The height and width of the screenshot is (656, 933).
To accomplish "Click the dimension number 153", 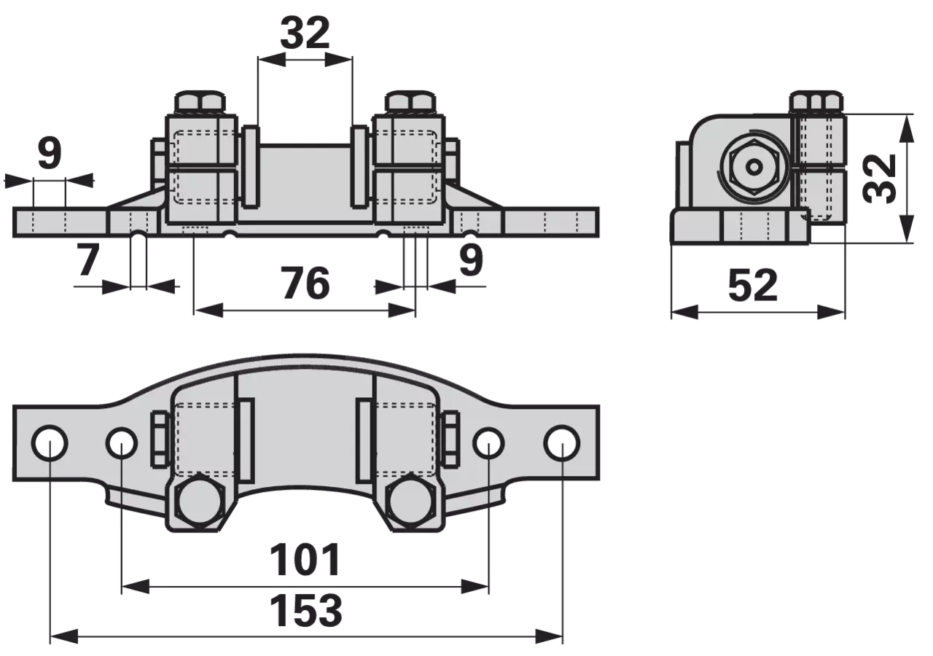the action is [x=306, y=611].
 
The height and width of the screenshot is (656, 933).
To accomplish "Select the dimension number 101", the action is [x=305, y=559].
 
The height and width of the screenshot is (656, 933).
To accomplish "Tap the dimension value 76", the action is [x=305, y=284].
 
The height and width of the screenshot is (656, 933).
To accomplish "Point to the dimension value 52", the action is [x=753, y=286].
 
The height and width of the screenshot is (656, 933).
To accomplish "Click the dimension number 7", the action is [x=88, y=260].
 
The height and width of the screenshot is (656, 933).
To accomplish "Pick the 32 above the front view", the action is [x=305, y=34].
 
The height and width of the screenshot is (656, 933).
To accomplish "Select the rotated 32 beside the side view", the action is [x=879, y=179].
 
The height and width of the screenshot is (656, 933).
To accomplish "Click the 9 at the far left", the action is [x=50, y=153].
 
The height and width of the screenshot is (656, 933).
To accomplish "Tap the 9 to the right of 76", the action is [x=471, y=259].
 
